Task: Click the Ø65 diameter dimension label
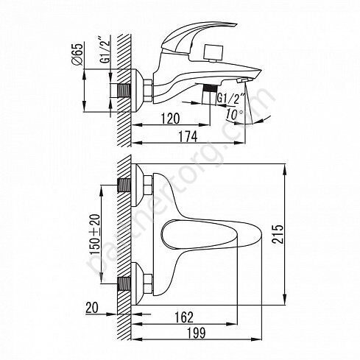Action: (x=77, y=54)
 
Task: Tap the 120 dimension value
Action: (x=170, y=119)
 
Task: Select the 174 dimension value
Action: (x=188, y=136)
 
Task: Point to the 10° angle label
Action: (x=234, y=114)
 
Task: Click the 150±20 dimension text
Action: (x=96, y=234)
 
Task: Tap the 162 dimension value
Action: (x=184, y=317)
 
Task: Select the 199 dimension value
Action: (x=197, y=333)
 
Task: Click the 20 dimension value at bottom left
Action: (x=92, y=308)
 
